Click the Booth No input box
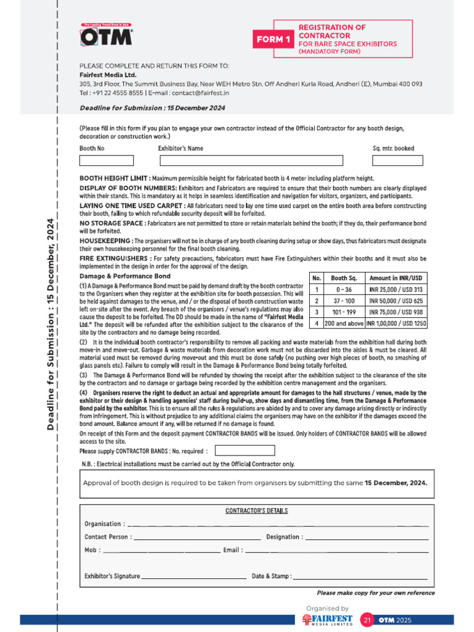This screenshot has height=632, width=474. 106,160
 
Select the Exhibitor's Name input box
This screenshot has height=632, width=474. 251,160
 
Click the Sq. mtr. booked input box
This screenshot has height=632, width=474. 397,160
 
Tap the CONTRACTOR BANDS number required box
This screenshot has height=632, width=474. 244,451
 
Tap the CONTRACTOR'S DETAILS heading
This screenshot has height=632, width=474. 256,511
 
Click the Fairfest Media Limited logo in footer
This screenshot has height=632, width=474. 328,620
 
